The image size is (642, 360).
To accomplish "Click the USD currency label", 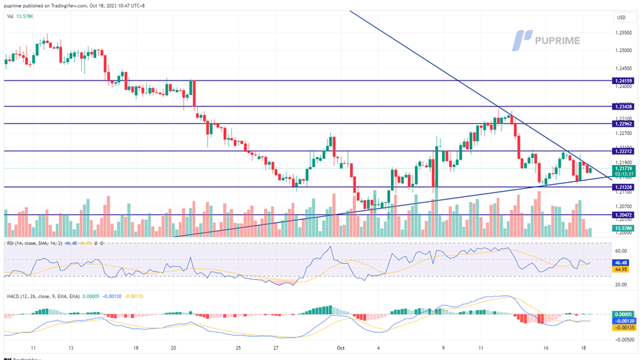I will click(621, 18).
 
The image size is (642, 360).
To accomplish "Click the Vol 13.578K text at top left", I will click(20, 16).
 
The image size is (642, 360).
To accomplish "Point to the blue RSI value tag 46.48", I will click(620, 262).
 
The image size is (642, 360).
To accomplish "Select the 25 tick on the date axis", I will click(237, 347).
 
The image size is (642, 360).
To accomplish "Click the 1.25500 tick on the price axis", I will click(622, 33).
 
